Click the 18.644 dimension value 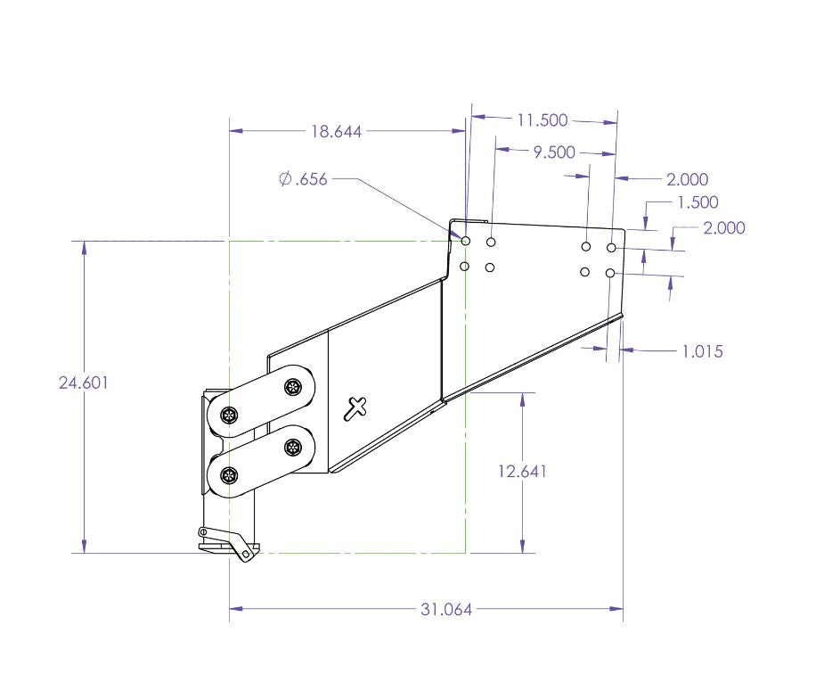click(336, 131)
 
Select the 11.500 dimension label click(543, 119)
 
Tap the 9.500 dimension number click(553, 152)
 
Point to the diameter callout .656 click(303, 179)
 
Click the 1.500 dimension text click(698, 202)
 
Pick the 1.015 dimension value click(702, 351)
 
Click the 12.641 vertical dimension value click(522, 471)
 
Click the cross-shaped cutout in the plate click(355, 408)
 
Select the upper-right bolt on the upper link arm click(292, 387)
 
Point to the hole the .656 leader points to click(465, 242)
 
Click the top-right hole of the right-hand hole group click(611, 246)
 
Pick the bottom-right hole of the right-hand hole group click(610, 273)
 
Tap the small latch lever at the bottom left click(230, 542)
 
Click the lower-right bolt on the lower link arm click(292, 448)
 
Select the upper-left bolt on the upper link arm click(230, 415)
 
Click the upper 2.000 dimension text click(687, 179)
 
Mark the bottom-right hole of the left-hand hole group click(490, 267)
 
